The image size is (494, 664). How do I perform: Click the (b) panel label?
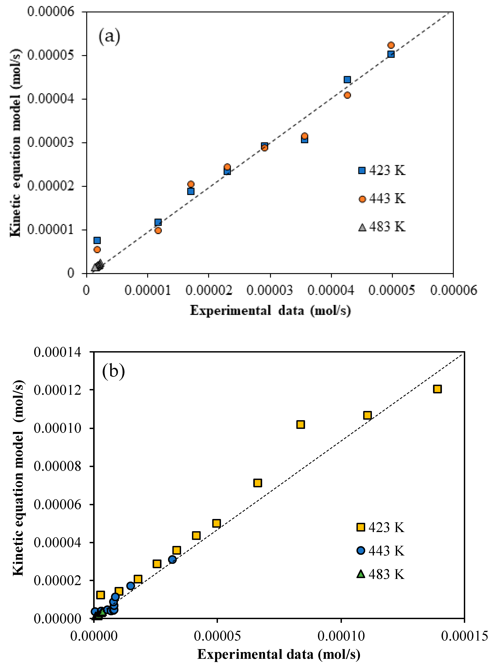pos(113,372)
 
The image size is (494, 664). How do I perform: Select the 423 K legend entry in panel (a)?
pos(382,170)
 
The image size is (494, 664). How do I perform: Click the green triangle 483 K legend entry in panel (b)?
pos(380,574)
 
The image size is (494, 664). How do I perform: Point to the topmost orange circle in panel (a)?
pos(391,45)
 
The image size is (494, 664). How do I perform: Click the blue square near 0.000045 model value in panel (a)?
pos(347,80)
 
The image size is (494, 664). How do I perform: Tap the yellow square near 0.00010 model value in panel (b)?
pos(301,425)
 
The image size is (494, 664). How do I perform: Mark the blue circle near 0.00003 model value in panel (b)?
pos(172,559)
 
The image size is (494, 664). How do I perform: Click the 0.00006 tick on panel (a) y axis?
pos(51,12)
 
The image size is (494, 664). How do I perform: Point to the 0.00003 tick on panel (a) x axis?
pos(270,290)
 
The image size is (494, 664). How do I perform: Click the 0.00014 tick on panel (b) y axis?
pos(57,352)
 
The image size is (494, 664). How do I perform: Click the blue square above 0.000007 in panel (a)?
pos(97,240)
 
